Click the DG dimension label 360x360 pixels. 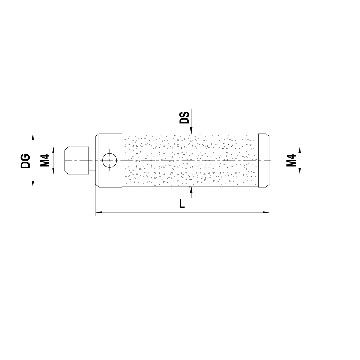click(25, 161)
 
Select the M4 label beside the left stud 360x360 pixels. click(45, 161)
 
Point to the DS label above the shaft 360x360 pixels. click(184, 118)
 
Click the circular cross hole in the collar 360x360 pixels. click(109, 160)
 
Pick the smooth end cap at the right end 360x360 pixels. click(264, 160)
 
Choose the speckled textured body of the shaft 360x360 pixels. click(191, 160)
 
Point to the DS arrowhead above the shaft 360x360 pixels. click(192, 131)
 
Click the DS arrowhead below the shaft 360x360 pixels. click(192, 189)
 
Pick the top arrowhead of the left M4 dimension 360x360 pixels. click(53, 149)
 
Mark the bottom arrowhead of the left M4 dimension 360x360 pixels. click(53, 172)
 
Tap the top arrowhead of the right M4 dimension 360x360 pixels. click(300, 149)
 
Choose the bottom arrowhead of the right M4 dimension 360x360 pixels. click(300, 172)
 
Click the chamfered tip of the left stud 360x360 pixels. click(66, 160)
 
